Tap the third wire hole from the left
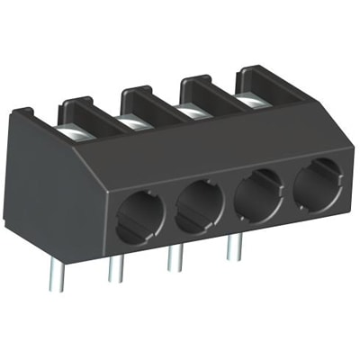(x=256, y=191)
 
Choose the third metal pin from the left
(x=175, y=258)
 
